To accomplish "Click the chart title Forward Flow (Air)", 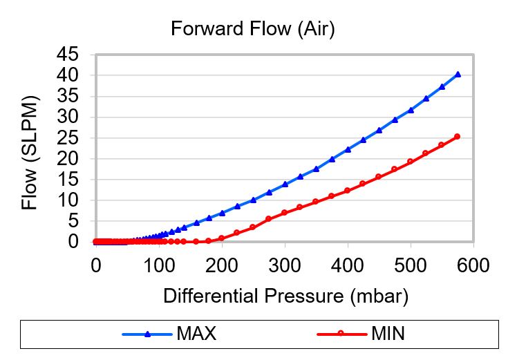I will [252, 30].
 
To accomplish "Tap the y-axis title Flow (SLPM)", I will [29, 152].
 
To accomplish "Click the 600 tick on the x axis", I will [473, 265].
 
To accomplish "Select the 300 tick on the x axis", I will [285, 265].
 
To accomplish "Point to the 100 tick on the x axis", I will [159, 265].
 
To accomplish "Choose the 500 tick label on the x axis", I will [411, 265].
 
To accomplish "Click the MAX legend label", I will [196, 334].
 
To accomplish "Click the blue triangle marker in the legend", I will [147, 334].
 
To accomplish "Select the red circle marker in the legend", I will [340, 334].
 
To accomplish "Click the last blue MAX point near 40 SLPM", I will [458, 74].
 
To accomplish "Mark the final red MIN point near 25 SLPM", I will [457, 137].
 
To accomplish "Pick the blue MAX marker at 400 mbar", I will [348, 149].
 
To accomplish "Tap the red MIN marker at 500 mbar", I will [410, 162].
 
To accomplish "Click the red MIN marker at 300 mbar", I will [284, 213].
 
